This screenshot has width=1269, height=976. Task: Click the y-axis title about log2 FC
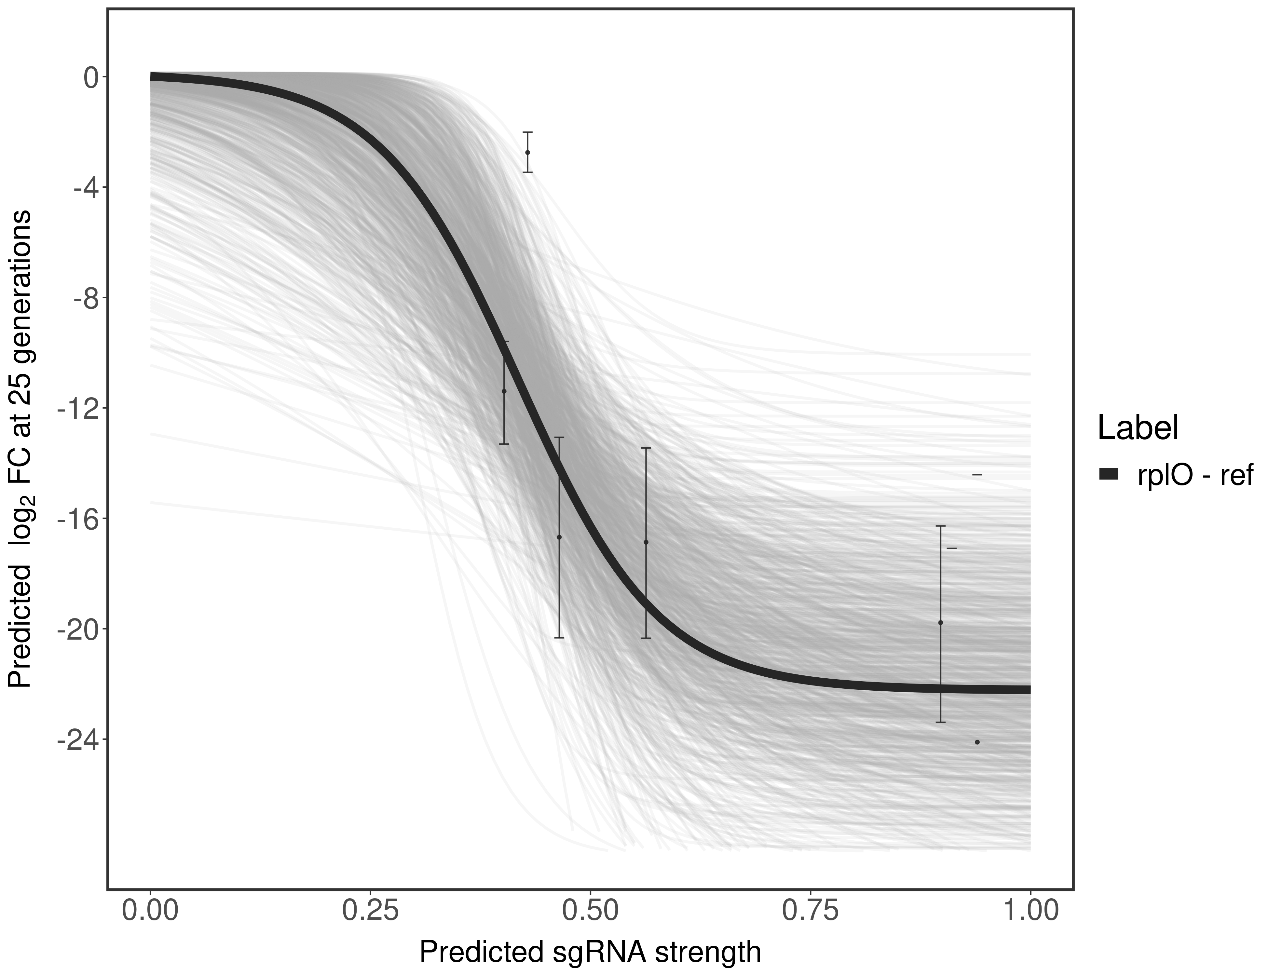(x=20, y=449)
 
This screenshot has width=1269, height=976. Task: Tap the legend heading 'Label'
(x=1137, y=428)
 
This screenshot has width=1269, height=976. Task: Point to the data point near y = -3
(x=527, y=152)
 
